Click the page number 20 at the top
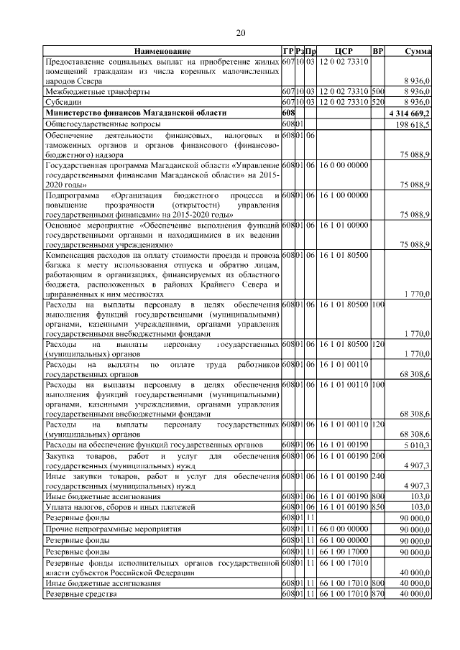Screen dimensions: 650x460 pos(241,32)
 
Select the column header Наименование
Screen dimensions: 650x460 pos(162,52)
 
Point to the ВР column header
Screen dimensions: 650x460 pos(378,52)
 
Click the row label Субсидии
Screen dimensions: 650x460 pos(61,103)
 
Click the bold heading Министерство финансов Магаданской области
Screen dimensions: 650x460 pos(135,113)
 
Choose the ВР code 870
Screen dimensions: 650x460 pos(378,595)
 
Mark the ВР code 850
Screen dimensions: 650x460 pos(378,507)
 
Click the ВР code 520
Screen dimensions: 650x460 pos(378,103)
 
